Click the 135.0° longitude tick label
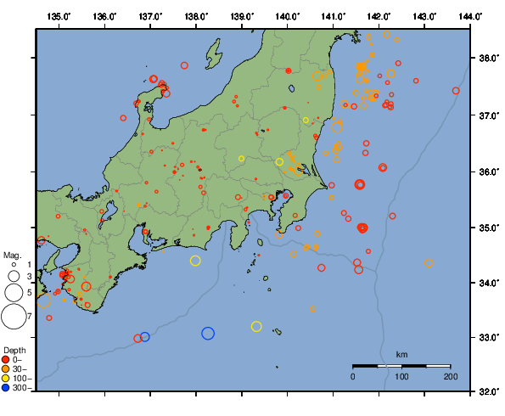[x=59, y=16]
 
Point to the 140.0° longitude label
[x=288, y=16]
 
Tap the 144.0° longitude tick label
[x=471, y=16]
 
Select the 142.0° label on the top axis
[x=379, y=16]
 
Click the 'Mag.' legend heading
[x=12, y=255]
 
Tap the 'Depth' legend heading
[x=14, y=351]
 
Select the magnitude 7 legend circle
[x=14, y=317]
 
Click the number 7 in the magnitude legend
[x=29, y=317]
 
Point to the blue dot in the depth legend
[x=7, y=388]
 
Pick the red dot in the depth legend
[x=7, y=360]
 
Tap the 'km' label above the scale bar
[x=401, y=354]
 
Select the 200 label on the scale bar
[x=450, y=376]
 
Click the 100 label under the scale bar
[x=401, y=376]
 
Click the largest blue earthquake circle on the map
[x=208, y=334]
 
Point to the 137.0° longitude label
[x=150, y=16]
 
